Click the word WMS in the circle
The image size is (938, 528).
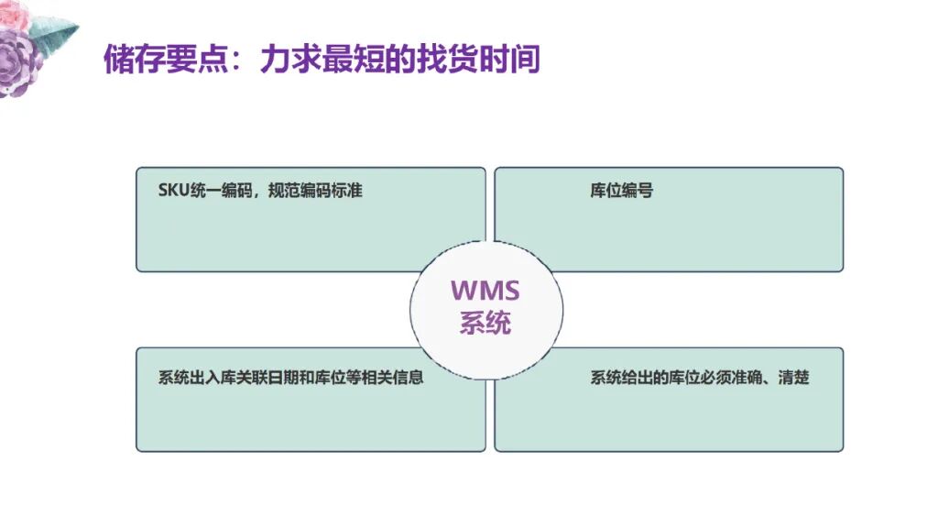[485, 291]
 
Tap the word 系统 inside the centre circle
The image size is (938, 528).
[485, 324]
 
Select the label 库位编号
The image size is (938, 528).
[621, 192]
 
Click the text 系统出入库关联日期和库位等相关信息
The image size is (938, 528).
[290, 378]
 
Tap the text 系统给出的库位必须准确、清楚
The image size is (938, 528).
[700, 378]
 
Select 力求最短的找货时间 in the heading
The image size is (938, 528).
[399, 60]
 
